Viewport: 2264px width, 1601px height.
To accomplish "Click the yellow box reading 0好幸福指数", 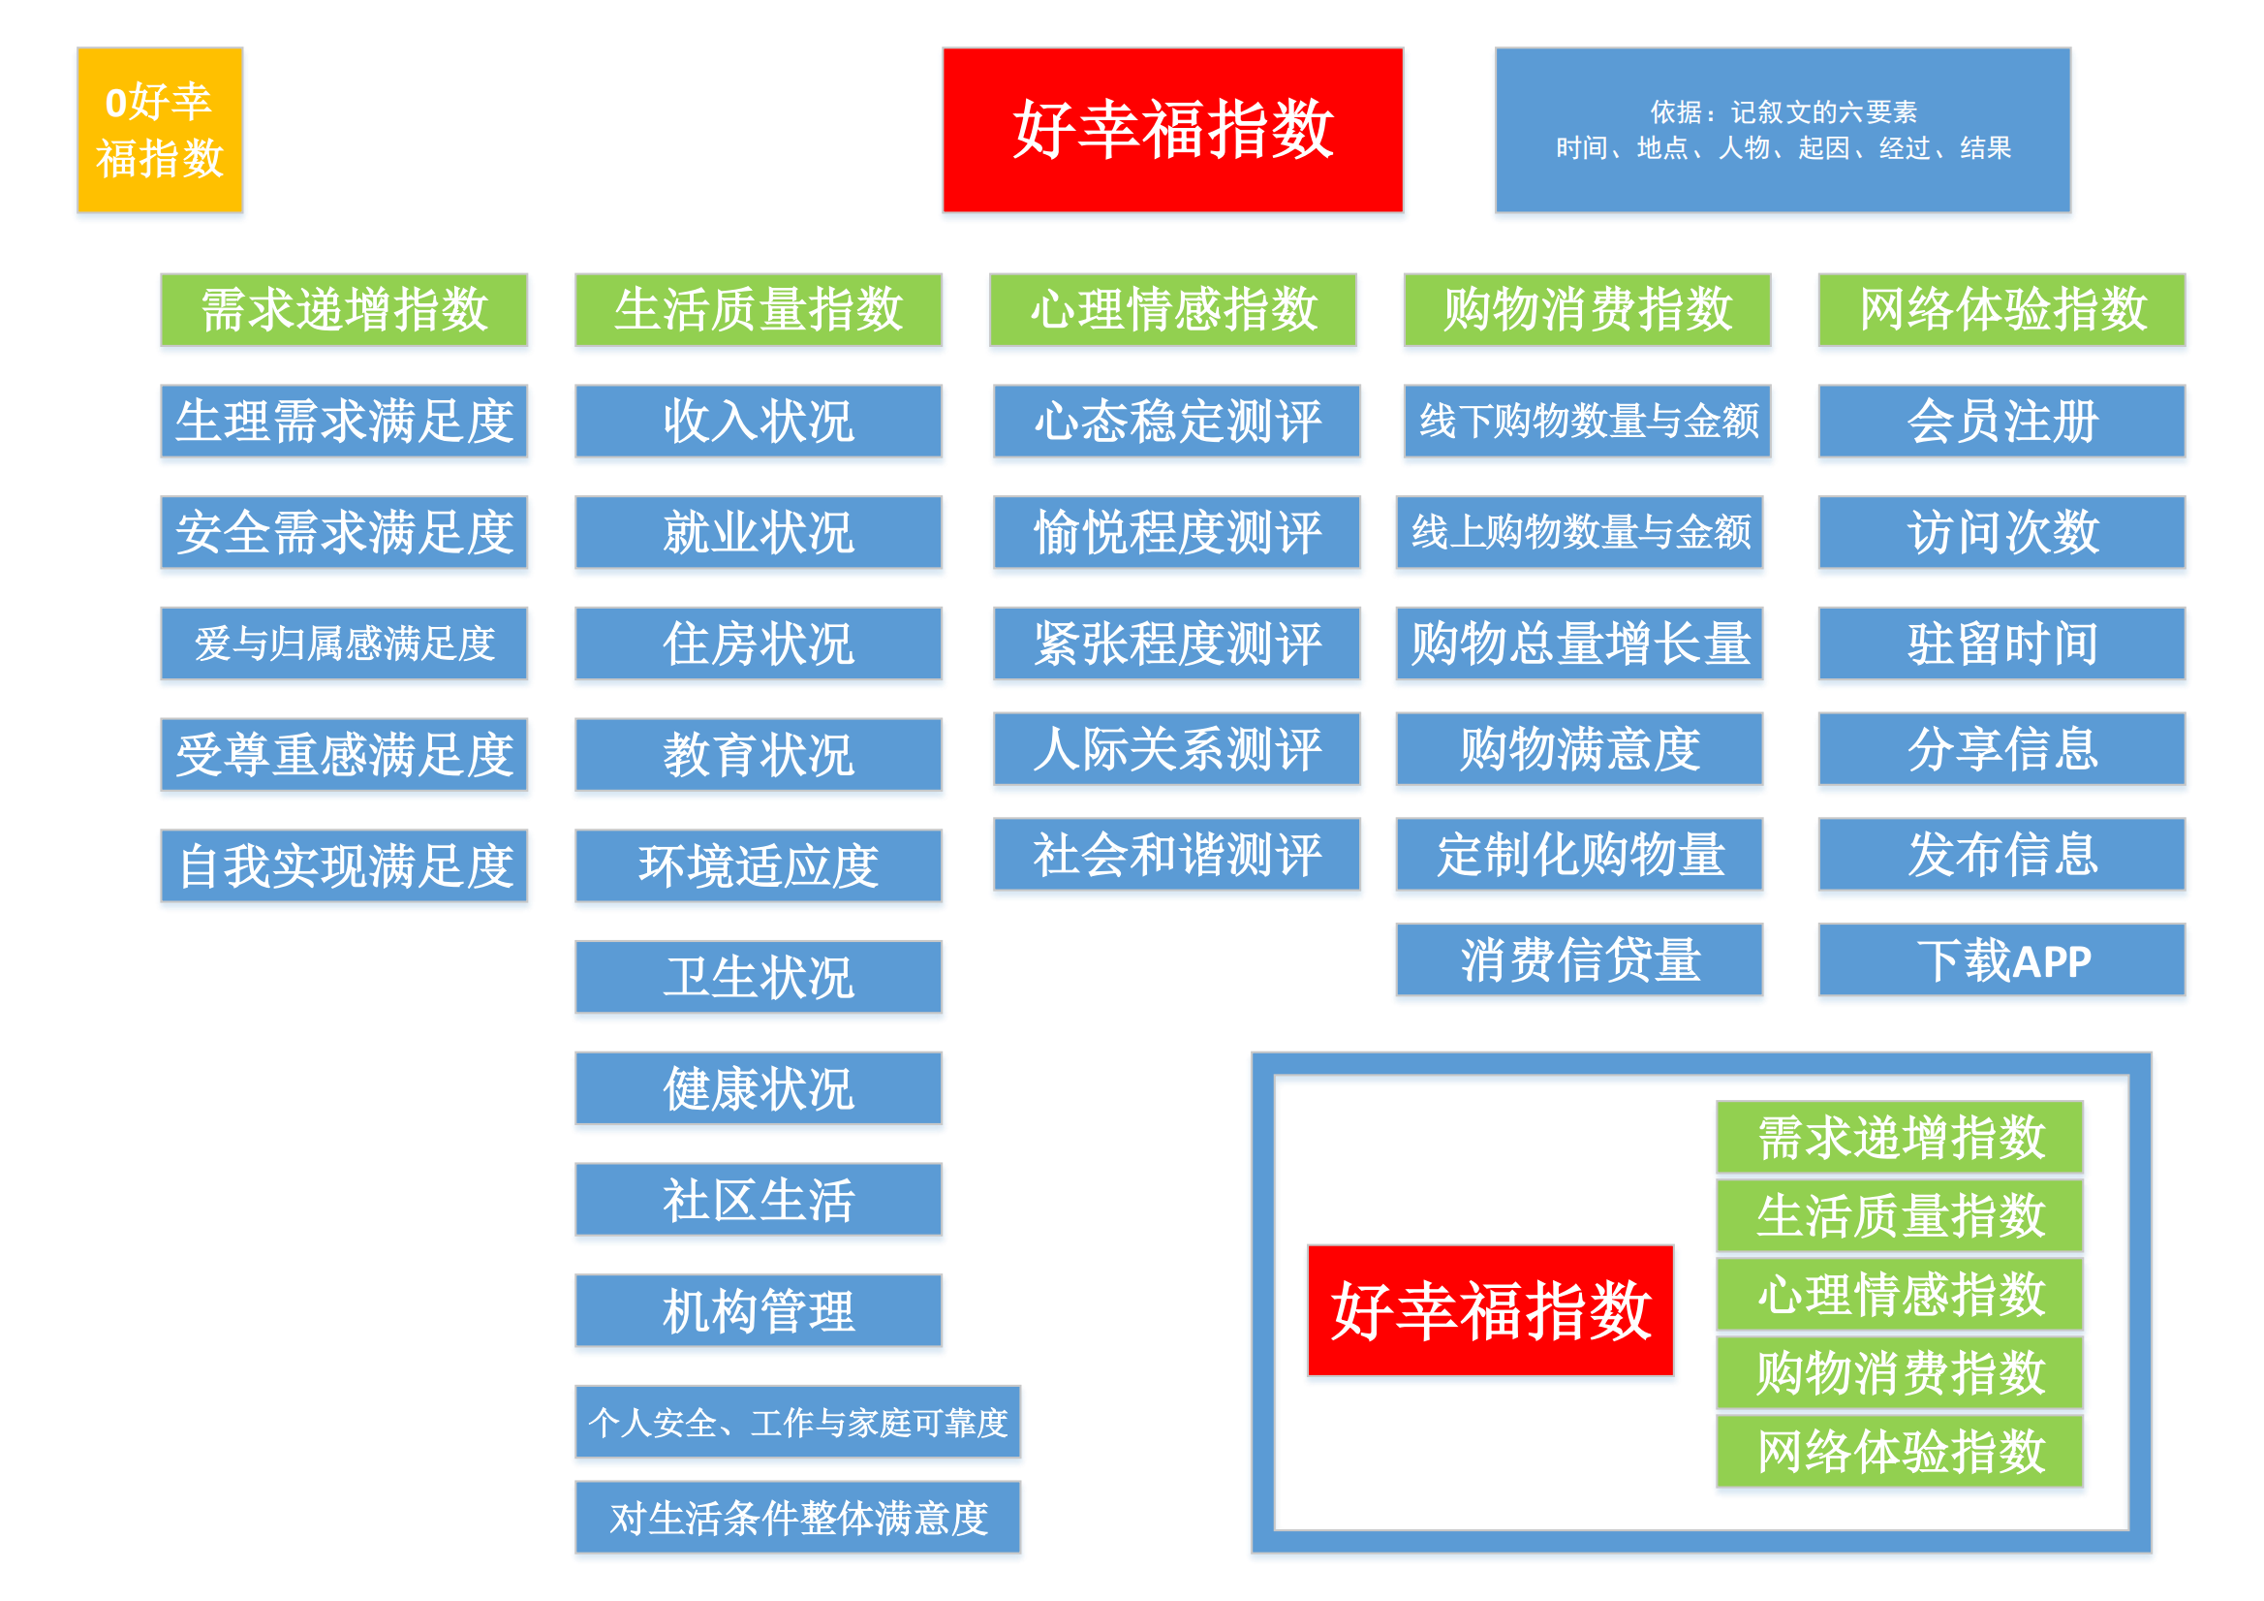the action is (160, 130).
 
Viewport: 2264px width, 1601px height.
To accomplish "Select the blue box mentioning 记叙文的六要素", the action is (1783, 130).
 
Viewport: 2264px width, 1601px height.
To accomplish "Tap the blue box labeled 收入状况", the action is (759, 422).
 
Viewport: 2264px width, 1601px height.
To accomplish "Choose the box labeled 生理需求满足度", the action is (344, 422).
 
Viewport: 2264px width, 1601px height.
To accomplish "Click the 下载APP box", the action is (2001, 959).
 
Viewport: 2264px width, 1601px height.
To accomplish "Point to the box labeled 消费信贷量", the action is (1580, 959).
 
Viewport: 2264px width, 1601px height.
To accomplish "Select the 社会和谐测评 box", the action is (1176, 854).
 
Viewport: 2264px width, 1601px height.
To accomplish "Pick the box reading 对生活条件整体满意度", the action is (797, 1517).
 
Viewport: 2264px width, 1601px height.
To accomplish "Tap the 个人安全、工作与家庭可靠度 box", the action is (797, 1422).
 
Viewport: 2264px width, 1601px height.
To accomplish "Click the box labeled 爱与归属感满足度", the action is (344, 644).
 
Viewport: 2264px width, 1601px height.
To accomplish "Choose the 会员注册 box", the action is (2001, 422).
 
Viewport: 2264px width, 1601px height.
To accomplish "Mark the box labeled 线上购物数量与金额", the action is (1580, 533).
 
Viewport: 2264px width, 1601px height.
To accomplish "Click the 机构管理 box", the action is (759, 1311).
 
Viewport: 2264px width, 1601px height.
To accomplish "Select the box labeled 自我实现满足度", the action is (344, 866).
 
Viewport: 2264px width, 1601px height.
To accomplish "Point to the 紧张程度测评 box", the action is (1176, 644).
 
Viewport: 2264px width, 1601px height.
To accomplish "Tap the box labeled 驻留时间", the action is (2001, 644).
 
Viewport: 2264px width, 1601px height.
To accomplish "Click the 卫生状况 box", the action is (759, 978).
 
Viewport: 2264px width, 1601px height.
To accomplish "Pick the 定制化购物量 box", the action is (1580, 854).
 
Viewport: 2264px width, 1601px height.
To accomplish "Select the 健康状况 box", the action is (759, 1088).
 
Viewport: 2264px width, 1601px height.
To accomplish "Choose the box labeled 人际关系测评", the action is (1176, 749).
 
